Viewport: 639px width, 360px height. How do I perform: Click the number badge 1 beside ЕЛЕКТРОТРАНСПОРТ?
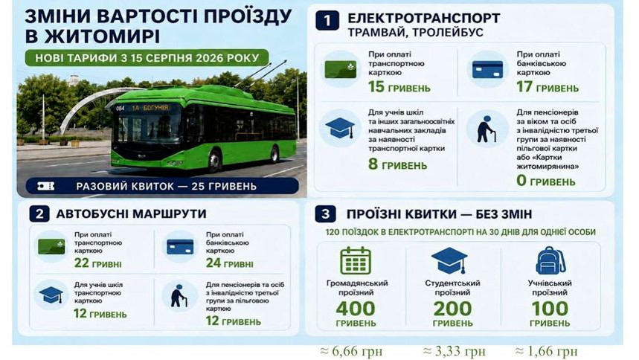coord(327,21)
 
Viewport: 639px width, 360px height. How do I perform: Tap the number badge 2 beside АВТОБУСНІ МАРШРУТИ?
coord(39,214)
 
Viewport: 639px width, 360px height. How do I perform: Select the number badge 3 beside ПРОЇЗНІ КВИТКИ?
coord(325,214)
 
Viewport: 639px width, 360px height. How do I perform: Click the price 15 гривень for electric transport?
coord(399,87)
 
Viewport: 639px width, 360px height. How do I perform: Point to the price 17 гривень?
coord(548,87)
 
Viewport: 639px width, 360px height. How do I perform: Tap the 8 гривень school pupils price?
coord(397,164)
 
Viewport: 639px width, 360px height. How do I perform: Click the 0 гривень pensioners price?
coord(546,180)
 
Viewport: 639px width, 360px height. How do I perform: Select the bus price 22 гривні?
coord(97,263)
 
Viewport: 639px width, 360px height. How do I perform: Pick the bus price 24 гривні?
coord(229,263)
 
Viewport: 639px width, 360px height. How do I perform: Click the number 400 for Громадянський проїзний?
coord(356,309)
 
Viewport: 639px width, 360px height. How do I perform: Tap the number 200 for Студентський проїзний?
coord(452,309)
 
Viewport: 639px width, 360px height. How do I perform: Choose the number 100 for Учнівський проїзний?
coord(550,309)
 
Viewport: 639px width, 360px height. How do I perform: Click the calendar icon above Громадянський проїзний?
coord(356,260)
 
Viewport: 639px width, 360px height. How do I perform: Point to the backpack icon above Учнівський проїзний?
coord(550,260)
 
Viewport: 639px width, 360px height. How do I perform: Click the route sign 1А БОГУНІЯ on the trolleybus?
coord(150,108)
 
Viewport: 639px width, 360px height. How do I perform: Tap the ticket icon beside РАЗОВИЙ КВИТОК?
coord(45,186)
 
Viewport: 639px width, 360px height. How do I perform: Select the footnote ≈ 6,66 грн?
coord(351,351)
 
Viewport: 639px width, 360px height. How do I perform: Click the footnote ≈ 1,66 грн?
coord(546,351)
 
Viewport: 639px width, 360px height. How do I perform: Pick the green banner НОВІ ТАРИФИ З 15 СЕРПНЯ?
coord(147,58)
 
